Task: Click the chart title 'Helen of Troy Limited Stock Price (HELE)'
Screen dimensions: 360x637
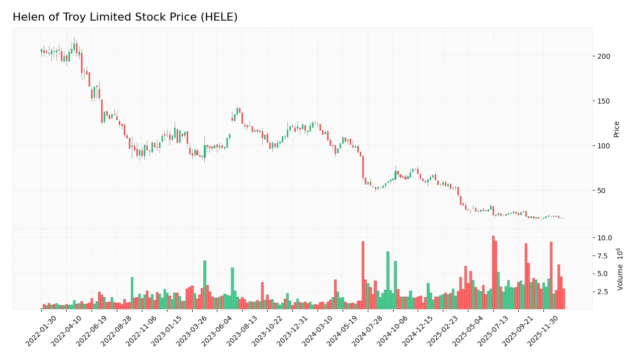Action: click(x=125, y=17)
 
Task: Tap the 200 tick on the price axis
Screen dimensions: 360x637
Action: click(x=603, y=56)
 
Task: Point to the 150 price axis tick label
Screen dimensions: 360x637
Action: click(x=603, y=101)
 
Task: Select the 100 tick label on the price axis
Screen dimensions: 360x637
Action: click(x=603, y=146)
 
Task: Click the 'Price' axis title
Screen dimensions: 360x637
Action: click(x=616, y=129)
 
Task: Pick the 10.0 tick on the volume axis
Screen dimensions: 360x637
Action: click(x=604, y=238)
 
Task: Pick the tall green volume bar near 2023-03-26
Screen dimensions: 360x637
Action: click(x=205, y=285)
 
